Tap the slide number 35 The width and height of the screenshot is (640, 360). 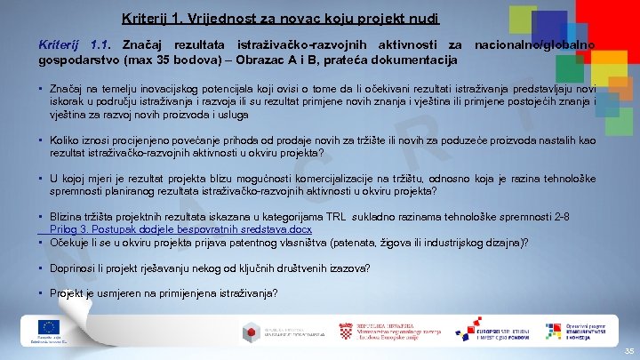(x=628, y=351)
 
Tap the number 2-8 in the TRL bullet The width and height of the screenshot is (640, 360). (x=585, y=217)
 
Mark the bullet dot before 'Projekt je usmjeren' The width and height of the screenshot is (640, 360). (x=43, y=293)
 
